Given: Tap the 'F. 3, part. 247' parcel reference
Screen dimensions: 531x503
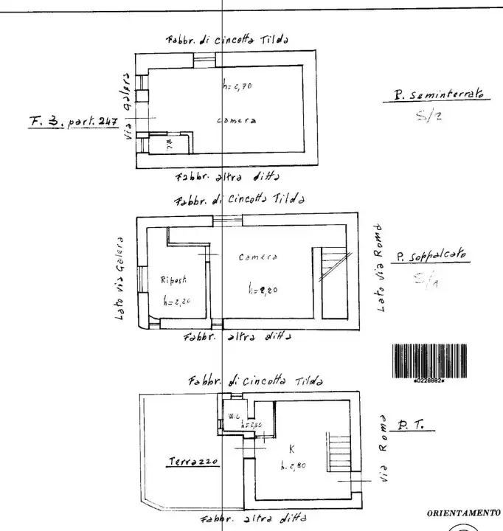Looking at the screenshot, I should coord(74,122).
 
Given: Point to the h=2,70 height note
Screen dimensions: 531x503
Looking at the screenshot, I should coord(237,86).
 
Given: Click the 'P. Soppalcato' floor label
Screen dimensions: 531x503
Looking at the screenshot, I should coord(431,257).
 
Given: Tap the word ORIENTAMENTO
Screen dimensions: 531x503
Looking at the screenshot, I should coord(464,512).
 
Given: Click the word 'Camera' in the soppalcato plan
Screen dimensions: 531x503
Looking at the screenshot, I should coord(258,257).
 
